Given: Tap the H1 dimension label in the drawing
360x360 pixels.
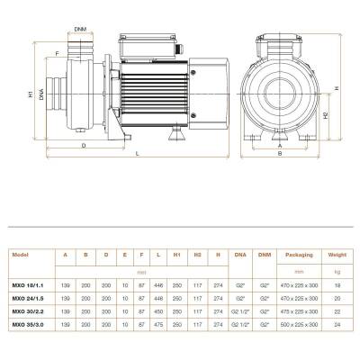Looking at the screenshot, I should pyautogui.click(x=31, y=93).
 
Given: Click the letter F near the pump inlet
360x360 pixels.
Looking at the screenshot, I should pyautogui.click(x=57, y=54).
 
